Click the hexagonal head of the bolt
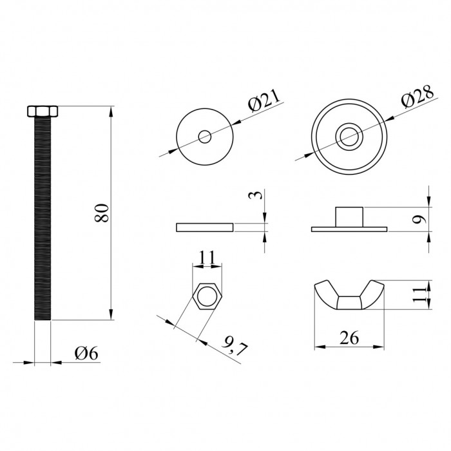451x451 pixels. point(43,111)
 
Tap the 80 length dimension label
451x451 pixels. point(102,213)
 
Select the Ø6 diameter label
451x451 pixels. point(86,353)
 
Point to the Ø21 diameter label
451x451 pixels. point(264,101)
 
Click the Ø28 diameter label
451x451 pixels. point(417,97)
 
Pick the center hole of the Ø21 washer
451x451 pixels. point(205,137)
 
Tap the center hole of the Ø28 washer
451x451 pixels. point(349,137)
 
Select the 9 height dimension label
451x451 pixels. point(419,220)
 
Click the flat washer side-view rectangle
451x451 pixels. point(204,227)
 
